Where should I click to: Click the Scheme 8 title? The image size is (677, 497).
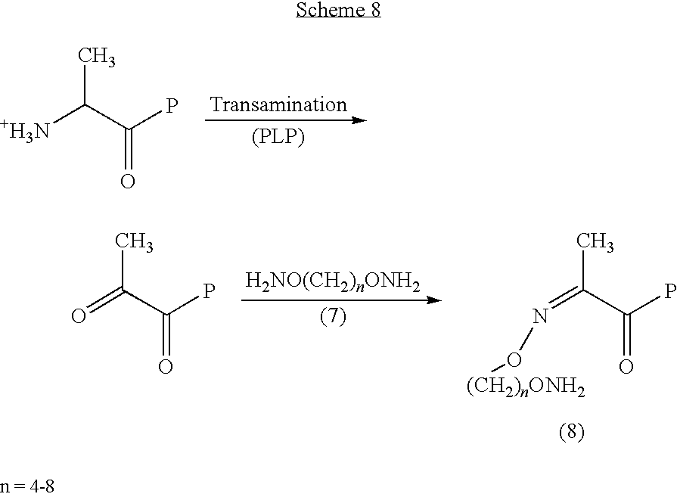click(x=338, y=10)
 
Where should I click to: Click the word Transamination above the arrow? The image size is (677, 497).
click(x=278, y=105)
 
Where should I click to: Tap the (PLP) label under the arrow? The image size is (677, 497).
click(x=278, y=137)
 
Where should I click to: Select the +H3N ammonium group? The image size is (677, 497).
click(x=25, y=129)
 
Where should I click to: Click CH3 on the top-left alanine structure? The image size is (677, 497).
click(x=97, y=57)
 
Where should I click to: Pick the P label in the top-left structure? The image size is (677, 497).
click(x=172, y=106)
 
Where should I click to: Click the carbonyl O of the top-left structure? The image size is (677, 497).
click(x=128, y=182)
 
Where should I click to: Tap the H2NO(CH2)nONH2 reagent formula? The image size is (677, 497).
click(x=333, y=281)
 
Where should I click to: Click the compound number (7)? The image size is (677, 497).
click(x=333, y=317)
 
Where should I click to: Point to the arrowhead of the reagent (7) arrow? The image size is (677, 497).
click(x=434, y=300)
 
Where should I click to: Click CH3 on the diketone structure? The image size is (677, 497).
click(x=134, y=242)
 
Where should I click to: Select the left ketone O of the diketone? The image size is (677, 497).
click(x=79, y=316)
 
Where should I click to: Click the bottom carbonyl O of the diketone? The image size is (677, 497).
click(x=166, y=367)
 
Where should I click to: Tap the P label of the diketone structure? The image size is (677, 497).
click(x=210, y=291)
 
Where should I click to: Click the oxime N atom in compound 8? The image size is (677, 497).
click(x=540, y=316)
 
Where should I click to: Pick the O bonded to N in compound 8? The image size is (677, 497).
click(x=514, y=359)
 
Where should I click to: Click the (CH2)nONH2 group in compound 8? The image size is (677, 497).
click(x=526, y=387)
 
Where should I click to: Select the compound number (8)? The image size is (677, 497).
click(x=572, y=432)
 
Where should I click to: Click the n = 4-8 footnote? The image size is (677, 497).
click(x=27, y=486)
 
